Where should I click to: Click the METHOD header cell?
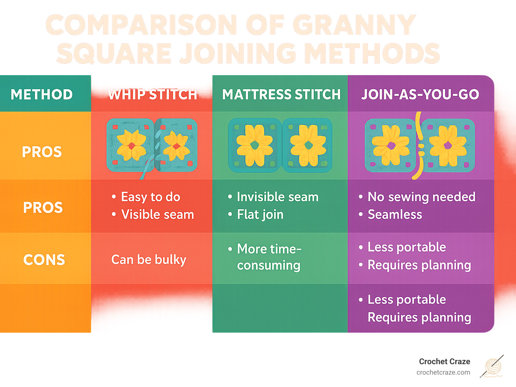42,94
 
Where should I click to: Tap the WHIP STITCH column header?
152,95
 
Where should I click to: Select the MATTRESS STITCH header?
281,95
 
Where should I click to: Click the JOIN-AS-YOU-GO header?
420,95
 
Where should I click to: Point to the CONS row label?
44,260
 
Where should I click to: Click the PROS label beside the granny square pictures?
42,152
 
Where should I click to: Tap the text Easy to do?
150,197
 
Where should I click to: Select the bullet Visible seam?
158,215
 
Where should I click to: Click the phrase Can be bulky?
148,260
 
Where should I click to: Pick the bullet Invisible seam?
277,197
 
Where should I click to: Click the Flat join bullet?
260,215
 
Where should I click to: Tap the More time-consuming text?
269,257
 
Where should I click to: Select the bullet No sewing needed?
421,197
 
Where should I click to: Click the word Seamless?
395,215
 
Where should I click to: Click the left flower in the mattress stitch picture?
255,145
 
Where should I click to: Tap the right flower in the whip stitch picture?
176,146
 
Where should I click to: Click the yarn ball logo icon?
493,367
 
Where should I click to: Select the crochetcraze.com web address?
443,372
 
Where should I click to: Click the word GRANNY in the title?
354,25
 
